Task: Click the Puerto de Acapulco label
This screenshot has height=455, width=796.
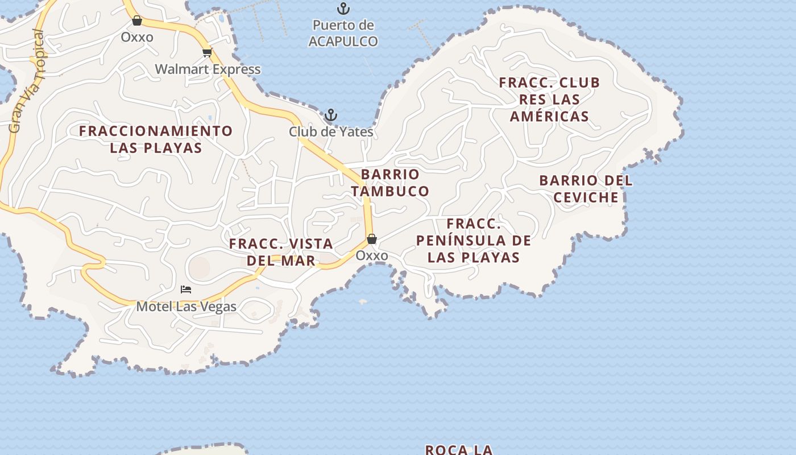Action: (x=343, y=33)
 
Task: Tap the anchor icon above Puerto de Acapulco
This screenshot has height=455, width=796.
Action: (x=343, y=9)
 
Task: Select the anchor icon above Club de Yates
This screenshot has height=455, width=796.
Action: (x=330, y=115)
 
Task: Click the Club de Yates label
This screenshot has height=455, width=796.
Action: (x=331, y=132)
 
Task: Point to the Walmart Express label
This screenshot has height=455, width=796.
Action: (x=208, y=69)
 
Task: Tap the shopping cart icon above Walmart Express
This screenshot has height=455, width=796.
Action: (x=207, y=53)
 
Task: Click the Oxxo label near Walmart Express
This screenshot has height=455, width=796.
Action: (x=137, y=38)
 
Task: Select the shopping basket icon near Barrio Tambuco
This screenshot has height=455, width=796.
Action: (x=372, y=239)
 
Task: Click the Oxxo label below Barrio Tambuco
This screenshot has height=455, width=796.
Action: (x=372, y=256)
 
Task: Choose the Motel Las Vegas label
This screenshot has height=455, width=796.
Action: (x=186, y=307)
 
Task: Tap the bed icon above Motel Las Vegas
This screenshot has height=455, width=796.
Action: (x=186, y=289)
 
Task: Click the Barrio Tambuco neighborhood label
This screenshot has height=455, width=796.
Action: (x=390, y=183)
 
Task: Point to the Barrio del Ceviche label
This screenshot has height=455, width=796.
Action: (x=586, y=189)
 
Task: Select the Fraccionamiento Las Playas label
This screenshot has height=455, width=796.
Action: (x=156, y=139)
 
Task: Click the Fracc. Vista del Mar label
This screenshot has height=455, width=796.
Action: (x=281, y=252)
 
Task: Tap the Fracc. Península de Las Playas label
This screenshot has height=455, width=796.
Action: (x=474, y=241)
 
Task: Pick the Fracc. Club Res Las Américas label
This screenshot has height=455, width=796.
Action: (x=549, y=100)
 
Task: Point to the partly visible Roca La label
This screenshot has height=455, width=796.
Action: (x=459, y=449)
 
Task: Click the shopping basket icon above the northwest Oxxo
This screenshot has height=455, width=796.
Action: (x=137, y=21)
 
